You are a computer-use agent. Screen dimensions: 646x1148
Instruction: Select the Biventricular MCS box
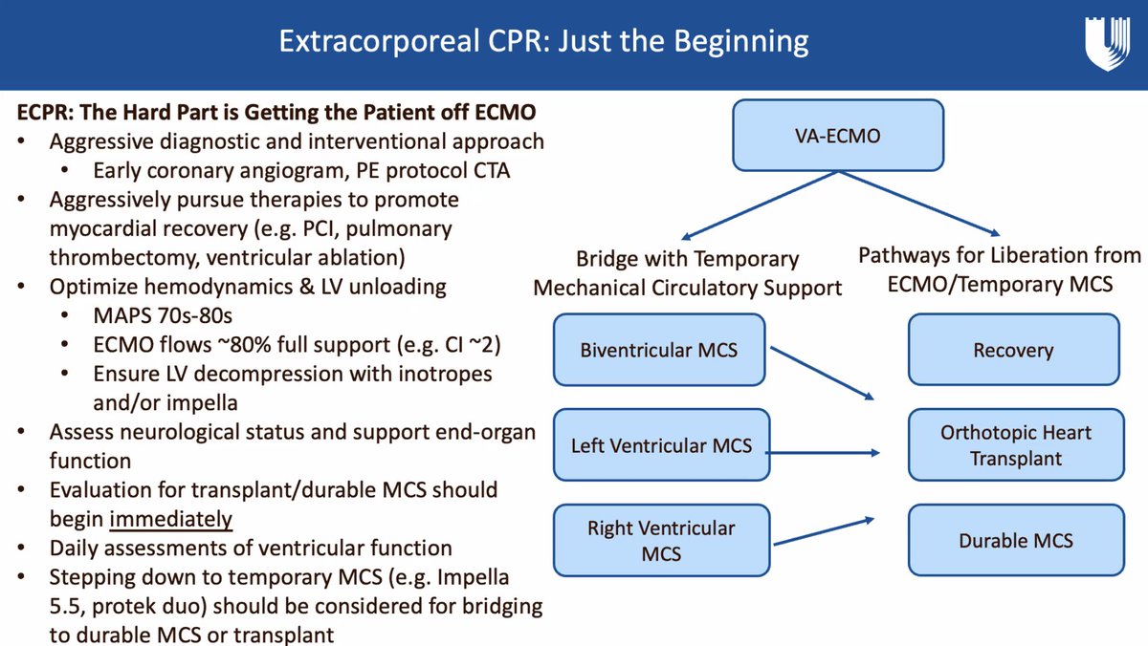[658, 350]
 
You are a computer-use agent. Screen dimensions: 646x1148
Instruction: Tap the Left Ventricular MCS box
[660, 445]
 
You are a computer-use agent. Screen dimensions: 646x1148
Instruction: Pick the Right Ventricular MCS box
[661, 540]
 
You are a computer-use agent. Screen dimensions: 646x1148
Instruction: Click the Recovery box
[1014, 351]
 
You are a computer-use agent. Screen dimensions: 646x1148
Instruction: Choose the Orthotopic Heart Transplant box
[1014, 445]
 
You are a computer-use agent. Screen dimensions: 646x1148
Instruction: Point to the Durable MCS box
[1014, 541]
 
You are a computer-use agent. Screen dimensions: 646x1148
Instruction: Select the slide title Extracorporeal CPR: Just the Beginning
[542, 42]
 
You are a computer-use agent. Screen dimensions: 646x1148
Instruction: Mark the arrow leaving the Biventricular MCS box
[823, 373]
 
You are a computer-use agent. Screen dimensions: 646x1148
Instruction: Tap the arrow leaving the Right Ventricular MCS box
[823, 530]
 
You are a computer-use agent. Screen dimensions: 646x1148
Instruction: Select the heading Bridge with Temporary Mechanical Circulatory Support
[688, 272]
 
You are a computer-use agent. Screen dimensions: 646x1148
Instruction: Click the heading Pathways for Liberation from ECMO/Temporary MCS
[999, 269]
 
